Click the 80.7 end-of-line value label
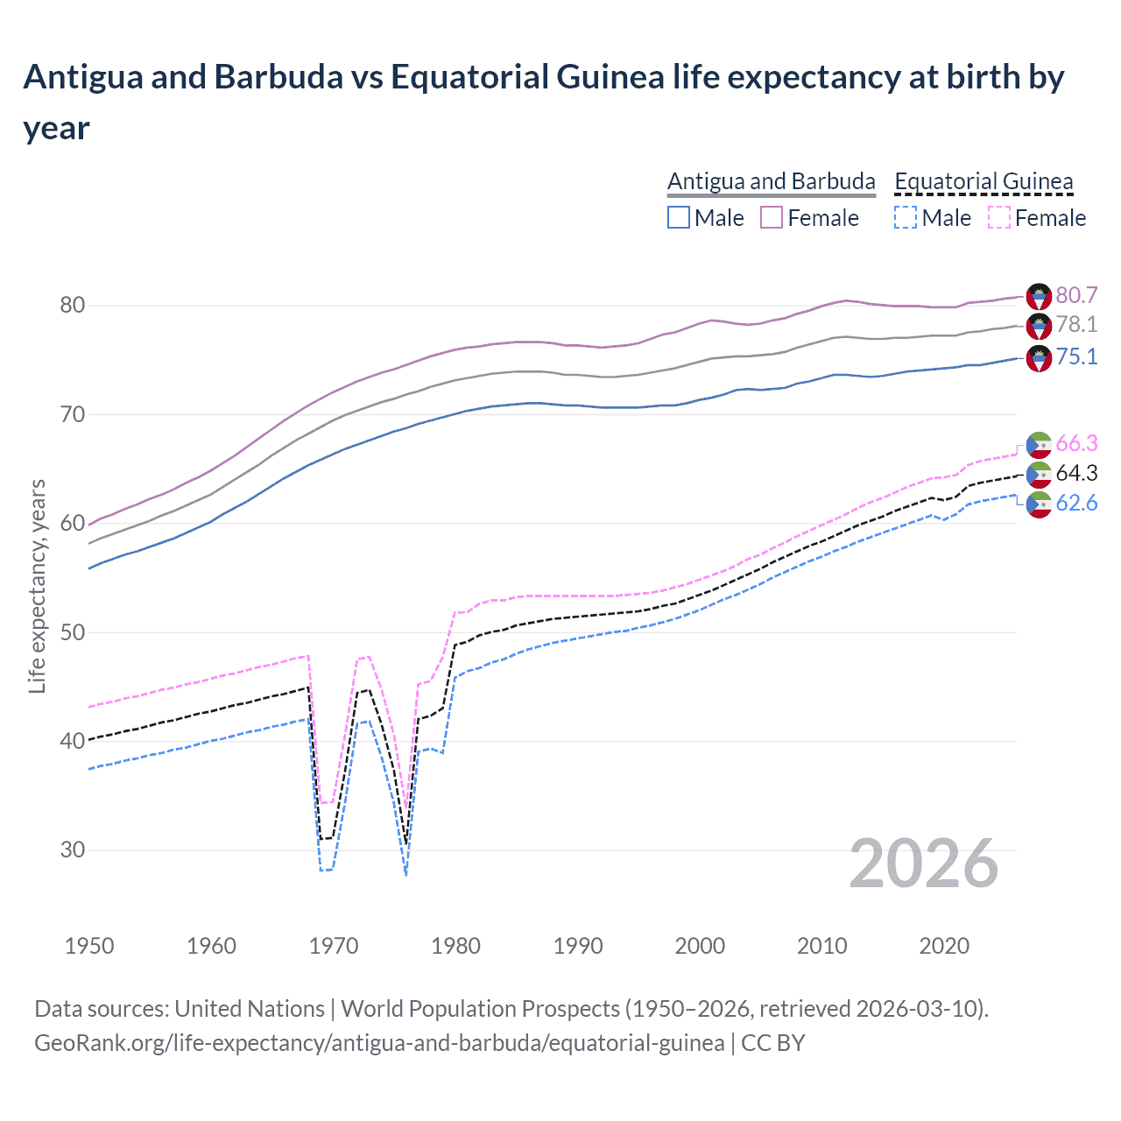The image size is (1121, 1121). [1076, 295]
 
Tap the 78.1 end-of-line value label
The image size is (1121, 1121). [1076, 325]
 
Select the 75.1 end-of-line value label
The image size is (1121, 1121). [1076, 356]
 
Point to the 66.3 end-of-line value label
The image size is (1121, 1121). [1076, 443]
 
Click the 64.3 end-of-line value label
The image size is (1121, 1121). [1076, 473]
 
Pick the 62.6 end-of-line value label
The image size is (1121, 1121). [1076, 503]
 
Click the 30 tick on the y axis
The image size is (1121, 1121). [73, 850]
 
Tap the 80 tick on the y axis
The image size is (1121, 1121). [73, 306]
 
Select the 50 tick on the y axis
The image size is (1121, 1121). [73, 632]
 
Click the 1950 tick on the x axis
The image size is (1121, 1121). [89, 946]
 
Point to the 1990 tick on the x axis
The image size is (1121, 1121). [578, 946]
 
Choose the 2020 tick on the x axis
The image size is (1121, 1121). [944, 946]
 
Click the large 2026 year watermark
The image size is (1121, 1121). [923, 864]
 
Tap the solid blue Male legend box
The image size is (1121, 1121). [679, 217]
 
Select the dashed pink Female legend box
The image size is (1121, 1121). [999, 217]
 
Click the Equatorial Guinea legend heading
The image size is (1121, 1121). [984, 181]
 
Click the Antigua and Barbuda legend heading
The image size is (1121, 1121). [771, 181]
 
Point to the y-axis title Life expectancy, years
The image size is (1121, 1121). [37, 586]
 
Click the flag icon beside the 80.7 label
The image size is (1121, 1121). [1039, 296]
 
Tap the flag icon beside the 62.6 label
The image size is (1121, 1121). [1039, 504]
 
